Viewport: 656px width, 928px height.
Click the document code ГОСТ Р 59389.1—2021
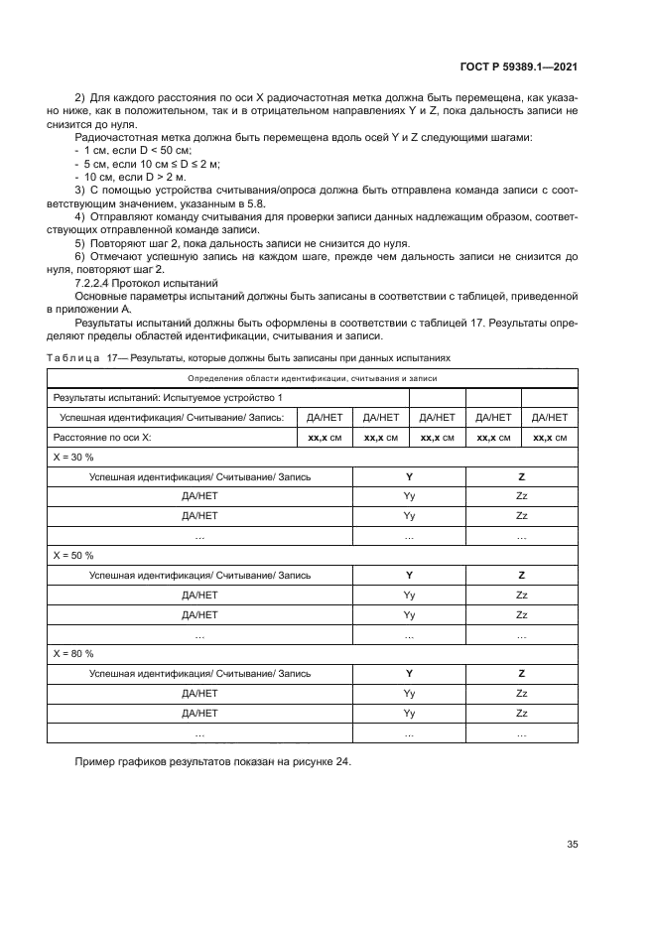[519, 67]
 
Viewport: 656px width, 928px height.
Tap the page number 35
[572, 845]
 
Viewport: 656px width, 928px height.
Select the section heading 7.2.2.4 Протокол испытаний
[147, 283]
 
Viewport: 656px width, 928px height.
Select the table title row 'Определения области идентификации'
[312, 378]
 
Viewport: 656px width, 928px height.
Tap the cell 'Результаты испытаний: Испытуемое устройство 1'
[168, 398]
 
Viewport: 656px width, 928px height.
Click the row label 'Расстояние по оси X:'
[102, 437]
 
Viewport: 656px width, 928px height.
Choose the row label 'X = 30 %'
[73, 457]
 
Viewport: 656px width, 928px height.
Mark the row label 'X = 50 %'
[73, 555]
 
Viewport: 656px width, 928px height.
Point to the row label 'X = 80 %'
[73, 653]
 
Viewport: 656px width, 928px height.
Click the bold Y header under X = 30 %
[409, 476]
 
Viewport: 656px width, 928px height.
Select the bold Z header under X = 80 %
[521, 673]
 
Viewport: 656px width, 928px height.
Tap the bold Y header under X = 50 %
[409, 575]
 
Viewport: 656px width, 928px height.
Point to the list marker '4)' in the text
[80, 215]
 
